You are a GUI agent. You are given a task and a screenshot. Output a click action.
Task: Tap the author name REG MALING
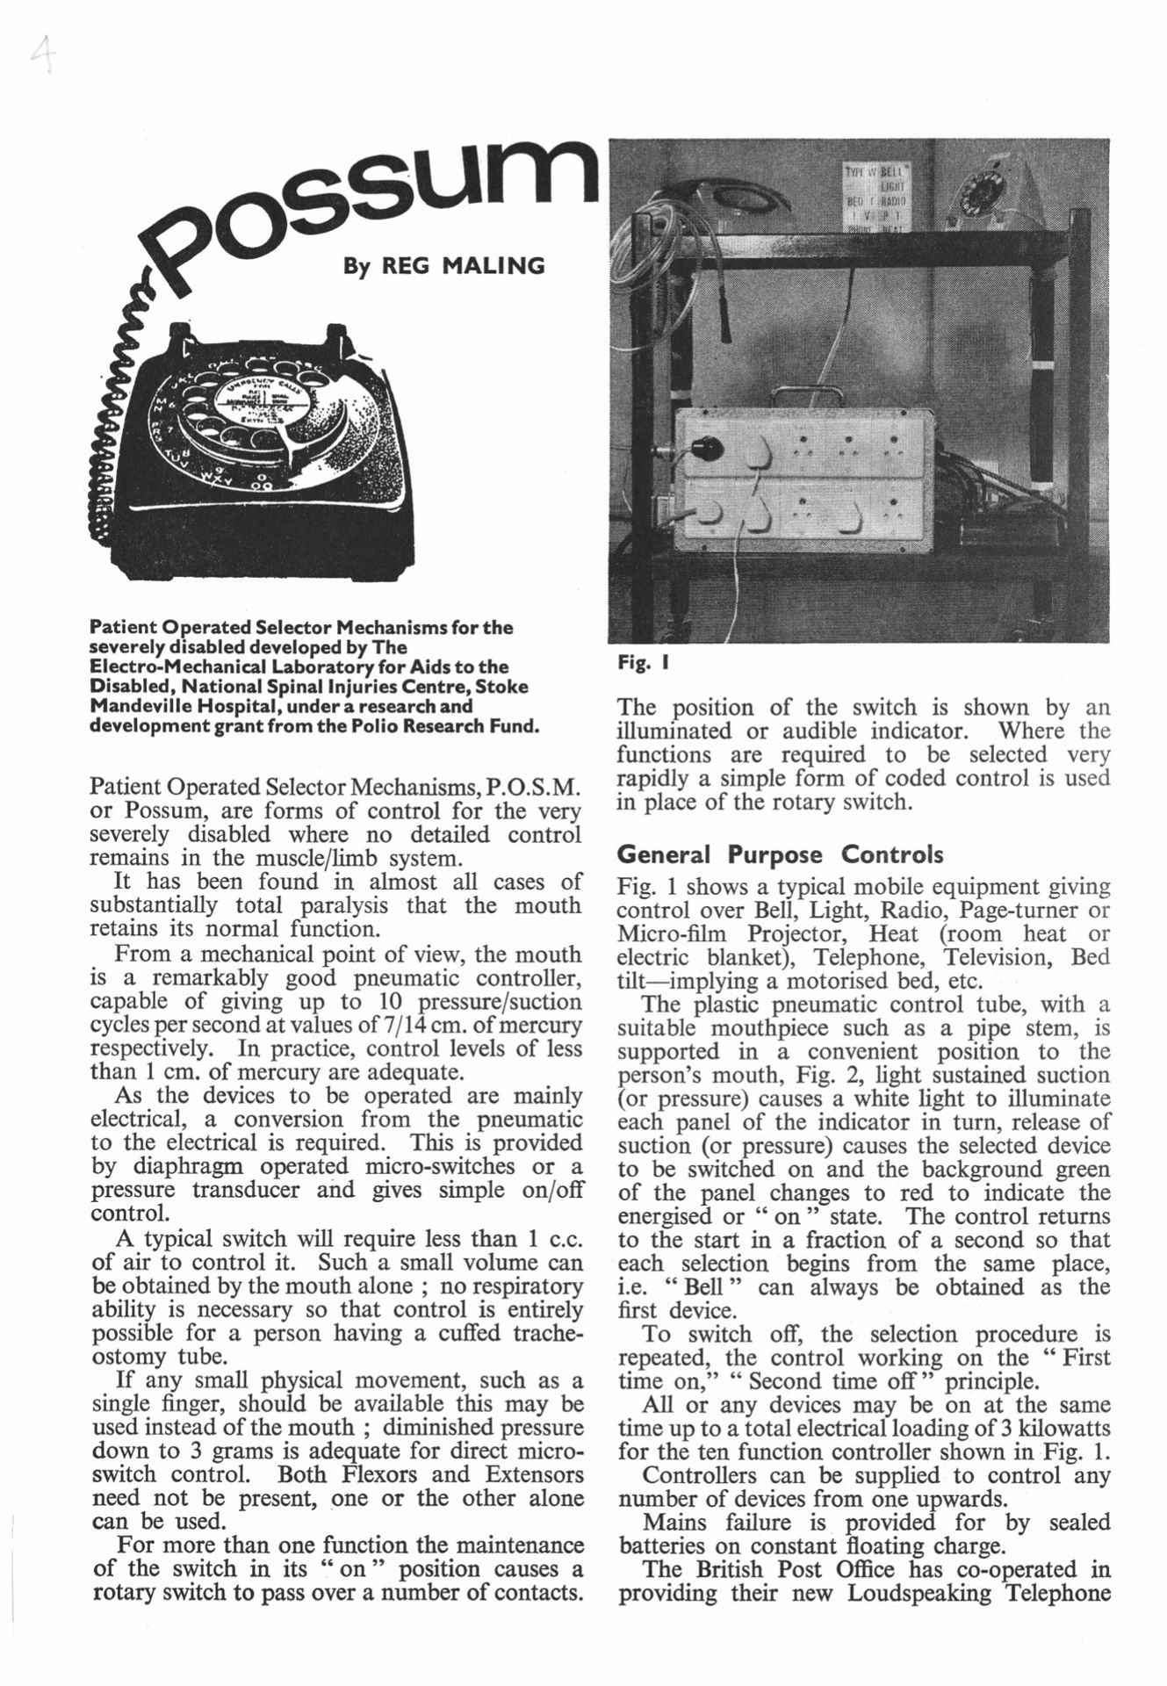point(444,264)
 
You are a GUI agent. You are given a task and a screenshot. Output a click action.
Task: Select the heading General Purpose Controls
point(781,854)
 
